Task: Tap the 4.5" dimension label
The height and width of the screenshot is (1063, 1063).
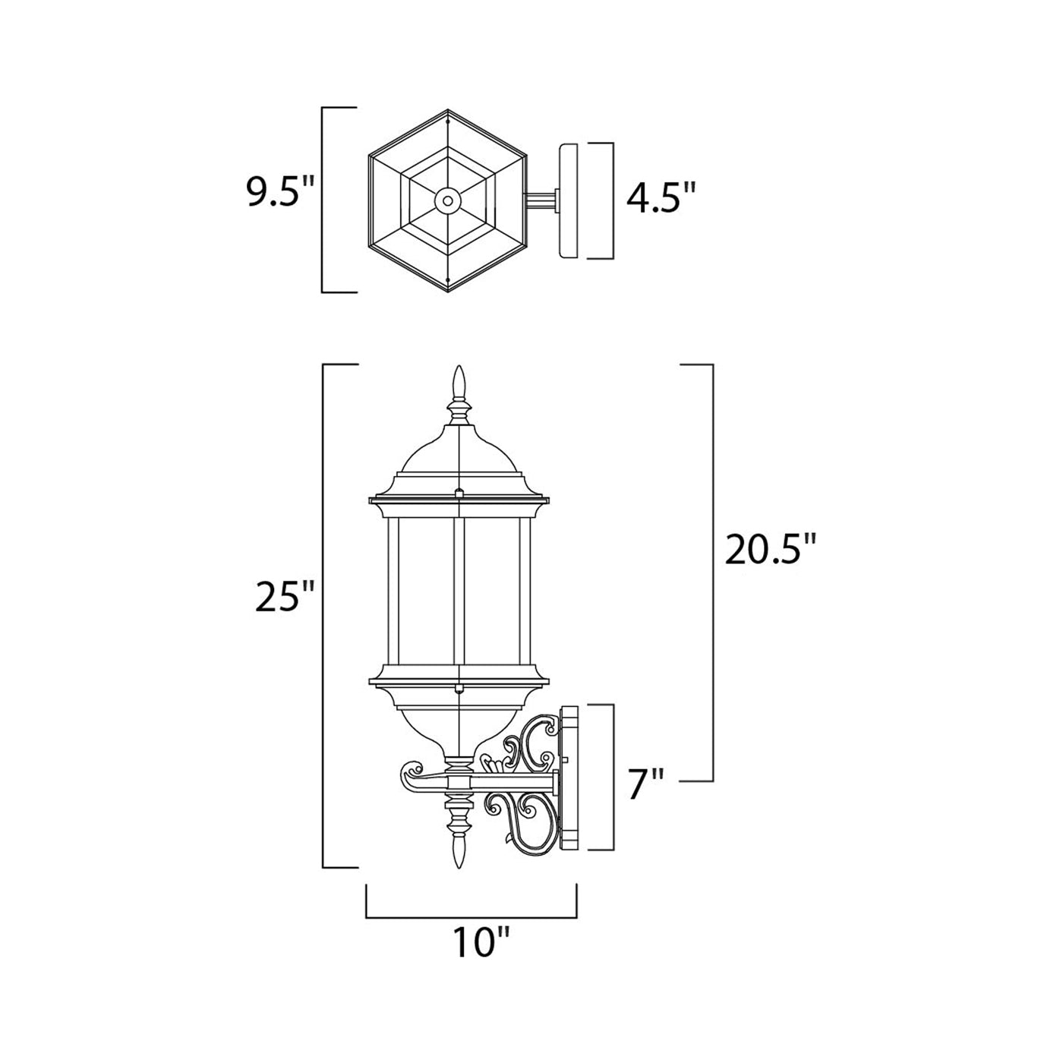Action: click(x=660, y=199)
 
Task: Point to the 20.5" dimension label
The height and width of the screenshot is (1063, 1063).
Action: click(x=770, y=549)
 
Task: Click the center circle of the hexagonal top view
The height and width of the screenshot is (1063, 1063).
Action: click(x=447, y=201)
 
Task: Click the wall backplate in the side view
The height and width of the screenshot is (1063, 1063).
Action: click(x=569, y=778)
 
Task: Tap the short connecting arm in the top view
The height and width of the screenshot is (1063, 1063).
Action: click(x=541, y=200)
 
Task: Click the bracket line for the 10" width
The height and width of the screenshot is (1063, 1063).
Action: click(x=472, y=916)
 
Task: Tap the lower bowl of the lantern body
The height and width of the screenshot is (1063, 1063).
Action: click(x=458, y=721)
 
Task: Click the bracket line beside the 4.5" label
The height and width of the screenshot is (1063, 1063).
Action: click(x=612, y=200)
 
